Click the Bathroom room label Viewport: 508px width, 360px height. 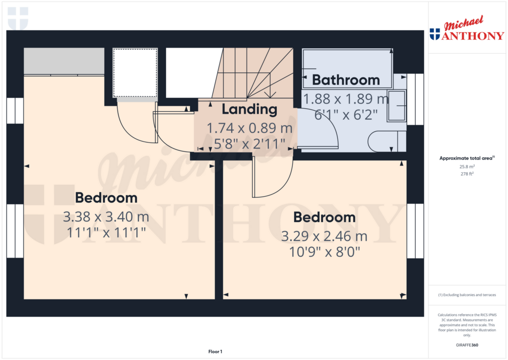point(346,80)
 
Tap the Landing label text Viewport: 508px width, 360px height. point(249,109)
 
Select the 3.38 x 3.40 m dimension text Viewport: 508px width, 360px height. point(106,217)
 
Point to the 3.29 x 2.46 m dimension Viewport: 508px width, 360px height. point(324,236)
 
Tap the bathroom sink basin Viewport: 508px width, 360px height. point(396,105)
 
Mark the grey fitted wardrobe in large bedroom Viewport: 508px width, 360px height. point(63,62)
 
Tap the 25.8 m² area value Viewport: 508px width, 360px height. point(466,167)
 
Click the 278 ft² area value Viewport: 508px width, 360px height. point(466,174)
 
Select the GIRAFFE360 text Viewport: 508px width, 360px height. point(466,345)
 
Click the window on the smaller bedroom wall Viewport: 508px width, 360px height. point(415,231)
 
